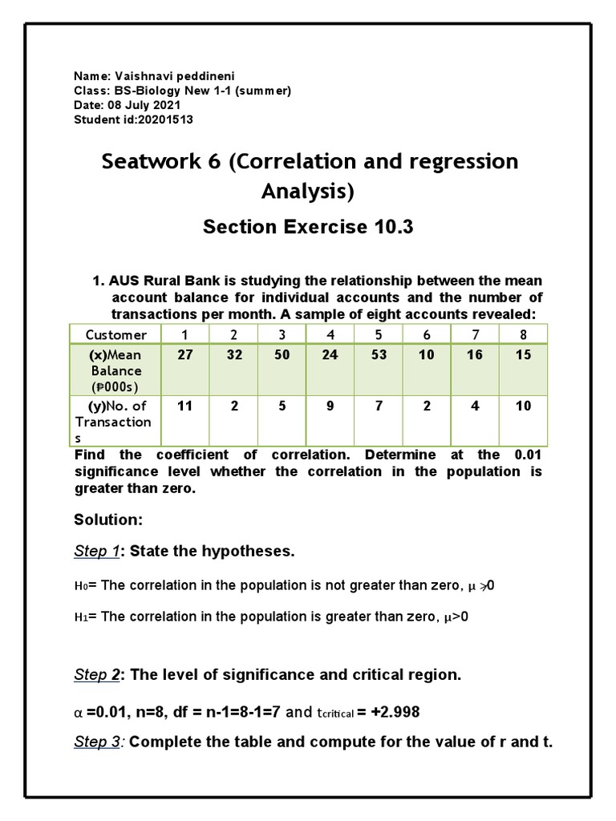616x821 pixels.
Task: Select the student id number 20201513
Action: [164, 119]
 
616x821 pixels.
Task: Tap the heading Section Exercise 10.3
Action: [308, 227]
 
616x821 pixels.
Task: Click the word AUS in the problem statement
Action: [124, 281]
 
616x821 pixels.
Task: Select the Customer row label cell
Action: [116, 334]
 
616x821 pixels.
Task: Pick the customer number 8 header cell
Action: [523, 334]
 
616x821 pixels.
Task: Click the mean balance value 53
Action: [379, 355]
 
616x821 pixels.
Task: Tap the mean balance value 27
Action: [185, 355]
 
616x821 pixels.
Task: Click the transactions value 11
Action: [185, 406]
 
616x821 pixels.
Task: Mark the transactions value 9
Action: [330, 406]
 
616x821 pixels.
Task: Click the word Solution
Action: [107, 520]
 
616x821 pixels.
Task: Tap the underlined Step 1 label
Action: [96, 551]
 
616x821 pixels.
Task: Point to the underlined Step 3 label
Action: [96, 742]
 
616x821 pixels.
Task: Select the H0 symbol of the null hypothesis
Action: [79, 586]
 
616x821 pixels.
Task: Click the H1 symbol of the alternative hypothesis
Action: [79, 617]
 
